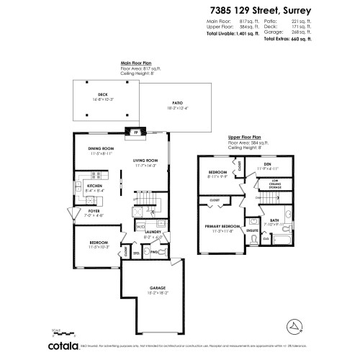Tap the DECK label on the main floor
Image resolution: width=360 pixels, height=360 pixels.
click(103, 95)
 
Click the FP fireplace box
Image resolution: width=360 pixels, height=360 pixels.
click(135, 132)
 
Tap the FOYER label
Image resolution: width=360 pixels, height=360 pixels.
click(94, 210)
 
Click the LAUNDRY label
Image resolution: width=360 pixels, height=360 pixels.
click(153, 232)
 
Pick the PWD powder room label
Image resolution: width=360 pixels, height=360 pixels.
click(154, 252)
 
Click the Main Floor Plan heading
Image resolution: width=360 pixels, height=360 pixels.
click(135, 63)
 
